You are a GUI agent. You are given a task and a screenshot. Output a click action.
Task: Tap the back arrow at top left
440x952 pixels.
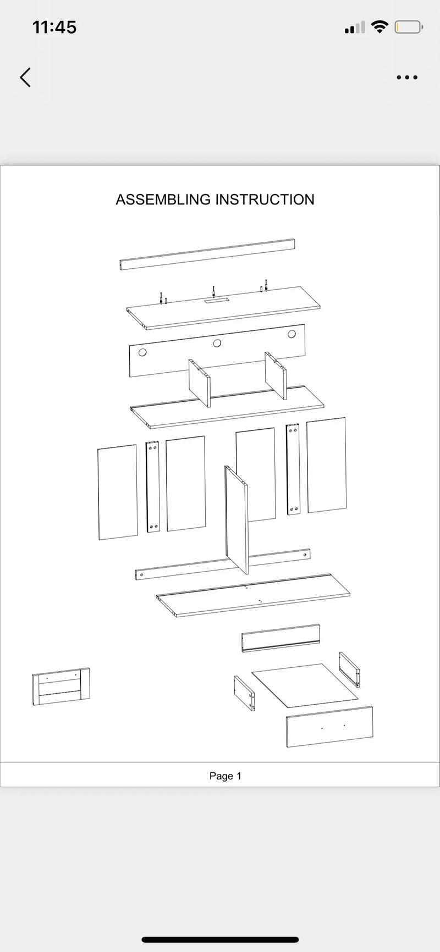click(25, 78)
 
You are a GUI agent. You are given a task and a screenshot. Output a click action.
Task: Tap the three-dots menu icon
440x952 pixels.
click(407, 78)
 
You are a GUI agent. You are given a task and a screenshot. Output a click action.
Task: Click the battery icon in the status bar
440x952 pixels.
click(408, 27)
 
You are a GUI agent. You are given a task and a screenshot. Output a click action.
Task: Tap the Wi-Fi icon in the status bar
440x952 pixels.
click(380, 26)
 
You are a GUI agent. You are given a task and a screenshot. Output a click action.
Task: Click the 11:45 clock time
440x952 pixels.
click(54, 27)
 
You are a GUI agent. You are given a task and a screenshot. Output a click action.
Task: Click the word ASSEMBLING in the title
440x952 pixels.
click(163, 200)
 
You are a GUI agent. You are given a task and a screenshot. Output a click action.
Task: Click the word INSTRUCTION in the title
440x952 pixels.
click(265, 200)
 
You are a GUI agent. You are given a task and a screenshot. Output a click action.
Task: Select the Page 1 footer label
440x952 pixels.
click(226, 776)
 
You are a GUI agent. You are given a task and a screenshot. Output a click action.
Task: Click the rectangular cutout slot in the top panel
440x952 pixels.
click(215, 300)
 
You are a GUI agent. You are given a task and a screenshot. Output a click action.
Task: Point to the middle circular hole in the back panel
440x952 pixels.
click(217, 343)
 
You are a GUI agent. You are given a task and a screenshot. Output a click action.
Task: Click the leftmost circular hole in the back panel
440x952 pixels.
click(142, 352)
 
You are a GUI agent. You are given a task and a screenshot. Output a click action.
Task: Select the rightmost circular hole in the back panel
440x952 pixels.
click(291, 334)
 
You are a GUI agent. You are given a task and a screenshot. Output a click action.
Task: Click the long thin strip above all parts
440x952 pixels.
click(207, 254)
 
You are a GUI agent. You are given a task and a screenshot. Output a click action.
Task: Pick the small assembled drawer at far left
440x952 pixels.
click(61, 687)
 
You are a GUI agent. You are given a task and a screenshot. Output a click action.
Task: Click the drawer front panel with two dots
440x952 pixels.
click(329, 727)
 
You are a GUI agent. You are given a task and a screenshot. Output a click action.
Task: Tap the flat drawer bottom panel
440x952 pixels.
click(305, 685)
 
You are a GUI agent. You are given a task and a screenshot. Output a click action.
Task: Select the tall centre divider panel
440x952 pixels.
click(236, 520)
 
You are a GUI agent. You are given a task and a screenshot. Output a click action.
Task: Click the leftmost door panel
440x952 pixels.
click(118, 492)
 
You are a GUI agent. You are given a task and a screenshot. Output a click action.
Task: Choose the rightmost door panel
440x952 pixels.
click(327, 465)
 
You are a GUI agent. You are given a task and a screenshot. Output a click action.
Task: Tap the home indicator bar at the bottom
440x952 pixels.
click(220, 940)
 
